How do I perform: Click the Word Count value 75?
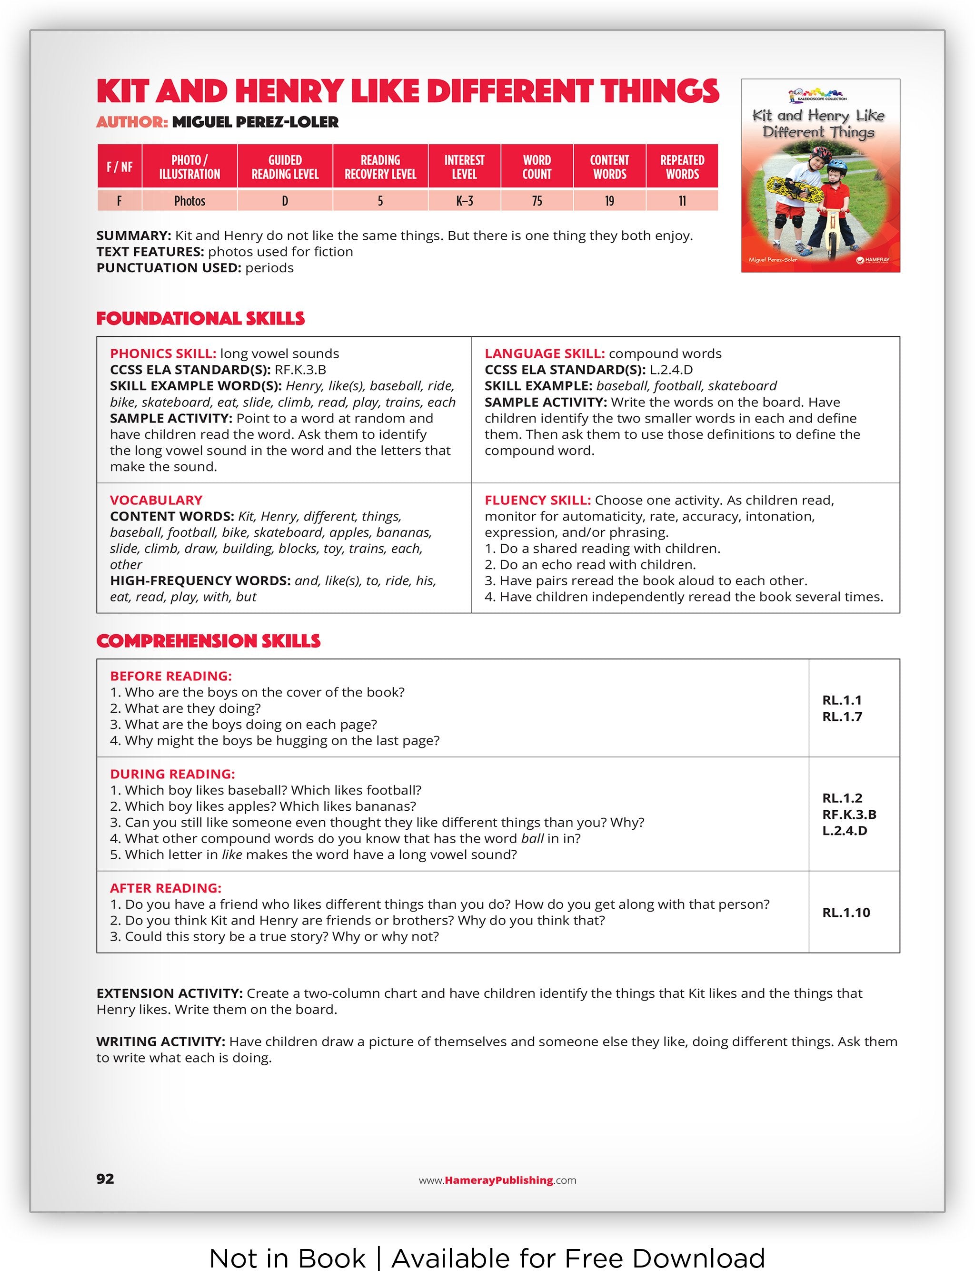(x=536, y=201)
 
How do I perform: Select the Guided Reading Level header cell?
(x=285, y=167)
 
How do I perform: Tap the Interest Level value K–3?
(x=464, y=201)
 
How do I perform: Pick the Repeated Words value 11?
(x=682, y=201)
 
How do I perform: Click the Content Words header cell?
(x=609, y=167)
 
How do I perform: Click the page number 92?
(x=105, y=1178)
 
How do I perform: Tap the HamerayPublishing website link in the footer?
(x=497, y=1180)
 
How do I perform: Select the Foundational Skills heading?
(x=200, y=318)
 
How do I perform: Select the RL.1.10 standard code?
(x=846, y=912)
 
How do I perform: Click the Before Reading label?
(x=170, y=676)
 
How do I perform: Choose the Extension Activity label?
(x=169, y=993)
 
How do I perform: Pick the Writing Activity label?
(x=160, y=1041)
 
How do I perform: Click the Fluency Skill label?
(x=537, y=501)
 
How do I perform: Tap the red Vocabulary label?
(x=156, y=501)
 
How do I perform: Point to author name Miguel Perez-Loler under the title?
(x=255, y=122)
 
